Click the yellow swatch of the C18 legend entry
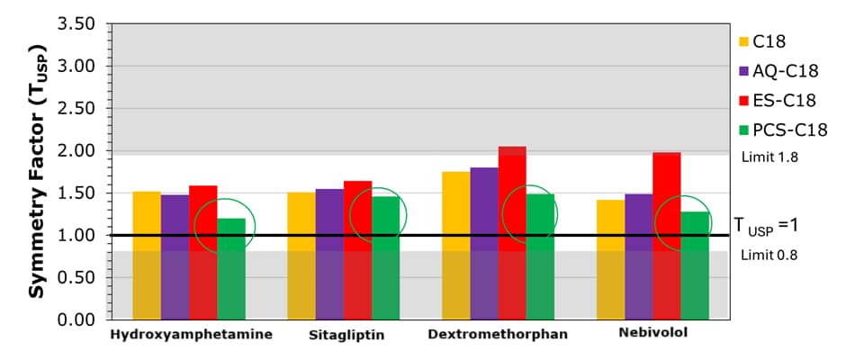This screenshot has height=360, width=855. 744,40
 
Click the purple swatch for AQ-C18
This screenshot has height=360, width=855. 744,70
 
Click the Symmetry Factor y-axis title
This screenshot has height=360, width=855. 37,172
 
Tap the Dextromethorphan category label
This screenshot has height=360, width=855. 498,334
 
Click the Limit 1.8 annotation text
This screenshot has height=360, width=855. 769,157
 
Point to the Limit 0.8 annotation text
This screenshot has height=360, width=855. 769,255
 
